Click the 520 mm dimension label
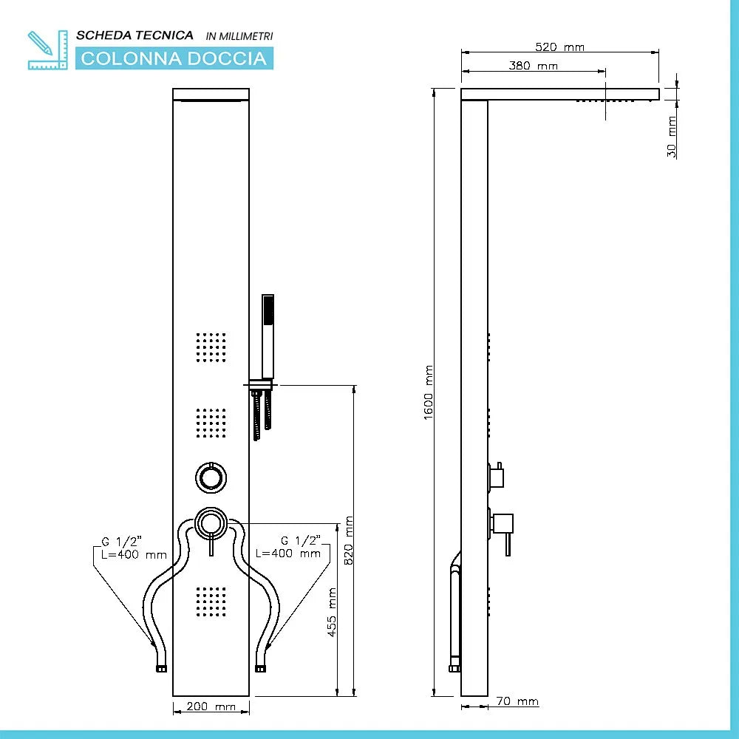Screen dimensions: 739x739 tap(559, 47)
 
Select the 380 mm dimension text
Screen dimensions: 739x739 tap(533, 66)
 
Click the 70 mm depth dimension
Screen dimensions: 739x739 tap(517, 701)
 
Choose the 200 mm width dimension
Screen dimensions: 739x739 tap(211, 707)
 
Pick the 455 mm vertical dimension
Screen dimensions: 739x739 tap(332, 612)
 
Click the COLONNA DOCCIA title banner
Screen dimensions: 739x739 tap(174, 58)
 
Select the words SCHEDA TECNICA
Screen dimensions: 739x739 tap(135, 35)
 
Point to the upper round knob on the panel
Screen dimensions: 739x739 tap(211, 477)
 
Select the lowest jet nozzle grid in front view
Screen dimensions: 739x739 tap(211, 602)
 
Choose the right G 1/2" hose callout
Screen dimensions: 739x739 tap(288, 548)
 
